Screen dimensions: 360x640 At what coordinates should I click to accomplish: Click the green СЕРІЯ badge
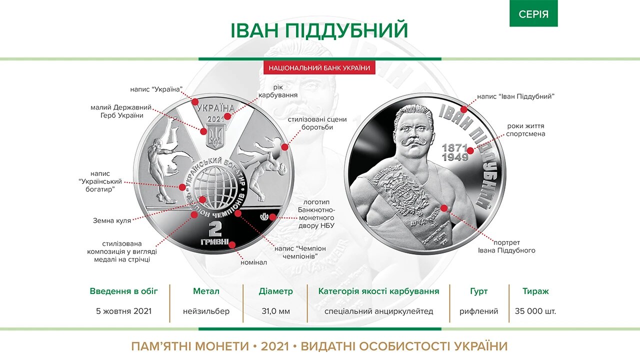(533, 14)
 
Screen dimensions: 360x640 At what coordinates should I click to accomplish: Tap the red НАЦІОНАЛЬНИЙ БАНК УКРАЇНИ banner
(319, 68)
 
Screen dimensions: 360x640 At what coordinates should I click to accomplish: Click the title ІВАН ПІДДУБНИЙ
(319, 31)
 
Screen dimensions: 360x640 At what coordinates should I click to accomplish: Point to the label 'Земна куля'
(112, 220)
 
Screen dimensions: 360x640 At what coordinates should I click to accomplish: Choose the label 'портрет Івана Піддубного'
(513, 246)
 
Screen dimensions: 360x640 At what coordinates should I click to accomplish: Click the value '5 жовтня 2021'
(124, 311)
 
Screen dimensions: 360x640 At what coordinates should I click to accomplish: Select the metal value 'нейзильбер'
(206, 311)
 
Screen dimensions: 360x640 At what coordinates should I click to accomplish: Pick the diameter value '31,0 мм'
(276, 311)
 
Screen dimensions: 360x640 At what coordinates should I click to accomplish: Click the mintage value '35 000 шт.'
(535, 311)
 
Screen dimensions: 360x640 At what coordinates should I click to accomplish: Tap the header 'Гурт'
(479, 291)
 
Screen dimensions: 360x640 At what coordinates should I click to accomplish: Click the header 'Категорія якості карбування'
(379, 291)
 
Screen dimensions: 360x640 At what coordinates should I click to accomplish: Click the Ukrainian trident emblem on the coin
(215, 135)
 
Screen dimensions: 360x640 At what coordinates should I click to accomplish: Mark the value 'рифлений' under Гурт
(479, 311)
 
